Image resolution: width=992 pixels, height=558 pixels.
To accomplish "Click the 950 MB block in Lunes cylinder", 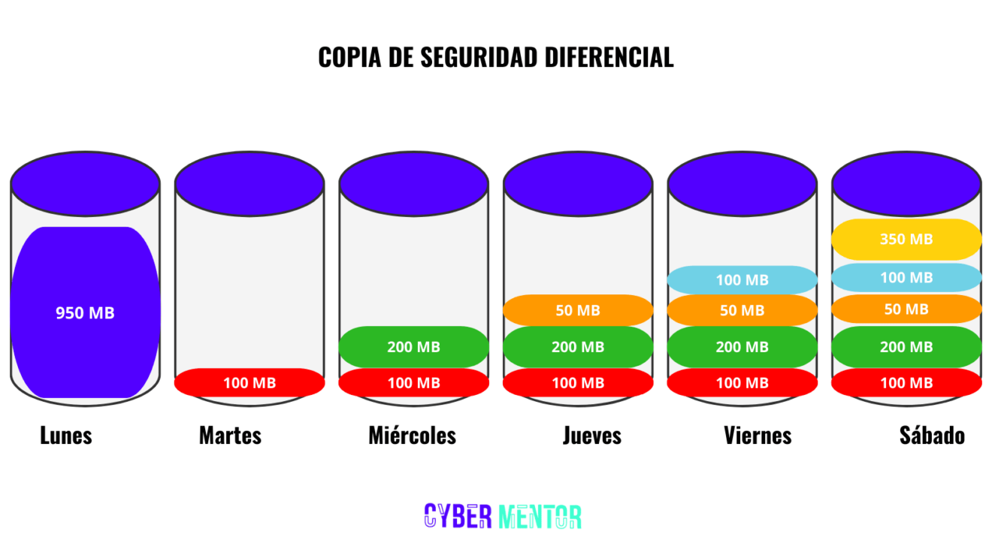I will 85,312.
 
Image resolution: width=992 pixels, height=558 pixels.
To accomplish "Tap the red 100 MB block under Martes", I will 250,383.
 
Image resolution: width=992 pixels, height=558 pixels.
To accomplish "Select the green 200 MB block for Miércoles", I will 413,347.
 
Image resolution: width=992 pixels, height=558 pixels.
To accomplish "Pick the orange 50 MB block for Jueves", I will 578,310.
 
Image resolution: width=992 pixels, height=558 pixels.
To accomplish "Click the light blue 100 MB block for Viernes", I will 742,280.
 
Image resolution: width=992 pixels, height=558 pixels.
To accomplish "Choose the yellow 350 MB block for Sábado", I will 906,240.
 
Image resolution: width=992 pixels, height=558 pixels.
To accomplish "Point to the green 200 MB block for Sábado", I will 906,347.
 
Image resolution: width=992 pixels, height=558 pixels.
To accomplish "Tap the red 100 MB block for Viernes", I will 742,383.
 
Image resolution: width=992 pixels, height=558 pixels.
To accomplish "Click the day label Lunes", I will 66,436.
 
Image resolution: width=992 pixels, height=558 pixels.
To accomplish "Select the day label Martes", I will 230,436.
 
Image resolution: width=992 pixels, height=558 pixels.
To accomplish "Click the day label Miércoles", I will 412,436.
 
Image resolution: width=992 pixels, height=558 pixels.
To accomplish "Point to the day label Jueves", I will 592,436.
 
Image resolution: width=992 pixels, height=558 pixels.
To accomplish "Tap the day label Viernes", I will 758,436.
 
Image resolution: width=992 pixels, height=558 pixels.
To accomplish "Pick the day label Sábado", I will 932,436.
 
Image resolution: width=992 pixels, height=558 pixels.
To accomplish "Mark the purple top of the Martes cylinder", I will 250,183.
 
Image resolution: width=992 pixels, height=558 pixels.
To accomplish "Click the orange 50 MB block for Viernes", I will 742,310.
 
